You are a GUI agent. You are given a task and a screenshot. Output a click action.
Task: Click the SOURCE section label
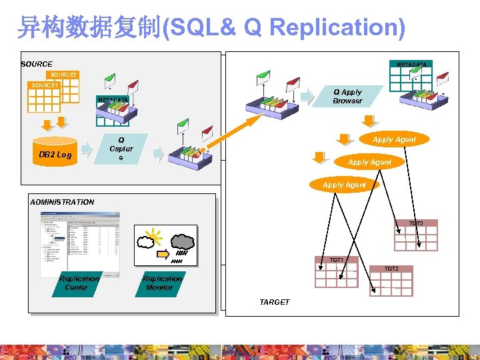tap(37, 64)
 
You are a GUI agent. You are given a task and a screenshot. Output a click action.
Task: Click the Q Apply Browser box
tap(347, 97)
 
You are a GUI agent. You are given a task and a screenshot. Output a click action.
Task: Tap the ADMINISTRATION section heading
tap(62, 201)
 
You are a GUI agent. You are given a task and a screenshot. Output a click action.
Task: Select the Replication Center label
tap(80, 283)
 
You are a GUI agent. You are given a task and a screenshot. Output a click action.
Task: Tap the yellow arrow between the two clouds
tap(163, 254)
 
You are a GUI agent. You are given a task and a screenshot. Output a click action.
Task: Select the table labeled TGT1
tap(336, 273)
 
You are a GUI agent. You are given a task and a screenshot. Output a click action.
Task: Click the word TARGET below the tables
tap(275, 302)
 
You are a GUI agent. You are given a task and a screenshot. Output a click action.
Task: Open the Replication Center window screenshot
tap(80, 243)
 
